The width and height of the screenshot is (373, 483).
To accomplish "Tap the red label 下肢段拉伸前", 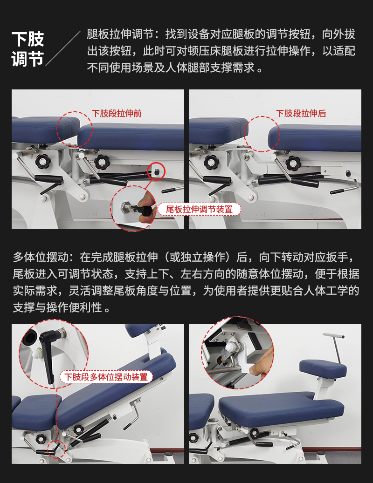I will click(x=117, y=113).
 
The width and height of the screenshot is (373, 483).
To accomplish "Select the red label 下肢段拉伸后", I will click(x=301, y=113).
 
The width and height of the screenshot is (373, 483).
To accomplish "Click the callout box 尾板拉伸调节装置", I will click(x=199, y=209).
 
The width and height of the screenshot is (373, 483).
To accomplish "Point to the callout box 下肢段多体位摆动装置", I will click(x=106, y=377).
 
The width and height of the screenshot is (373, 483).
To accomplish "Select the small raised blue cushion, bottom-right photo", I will click(x=323, y=369).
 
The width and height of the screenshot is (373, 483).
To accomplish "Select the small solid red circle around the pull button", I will click(x=156, y=171).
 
